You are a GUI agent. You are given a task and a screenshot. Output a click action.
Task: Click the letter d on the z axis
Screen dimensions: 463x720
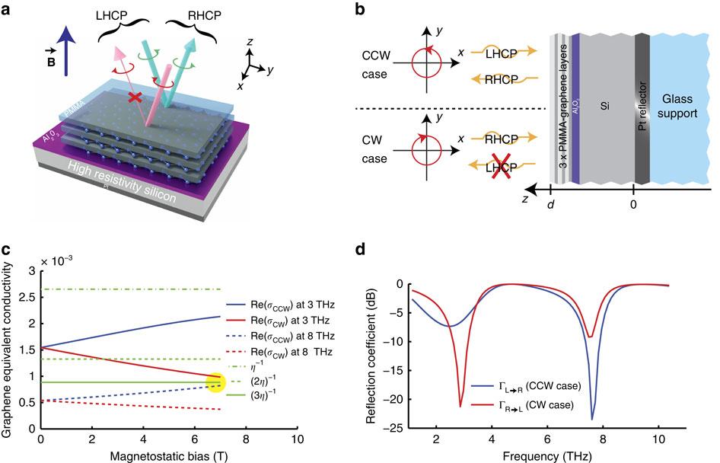pos(550,206)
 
